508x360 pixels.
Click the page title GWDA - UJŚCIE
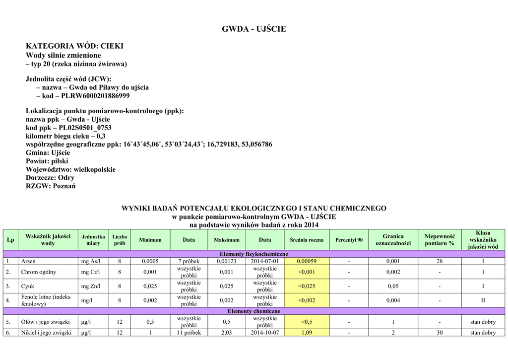[x=254, y=29]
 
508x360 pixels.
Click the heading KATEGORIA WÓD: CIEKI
[x=74, y=46]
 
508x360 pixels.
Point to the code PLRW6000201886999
[x=95, y=96]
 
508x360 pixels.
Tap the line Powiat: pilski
[x=47, y=161]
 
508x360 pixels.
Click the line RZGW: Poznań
[x=51, y=186]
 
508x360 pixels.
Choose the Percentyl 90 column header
[x=349, y=240]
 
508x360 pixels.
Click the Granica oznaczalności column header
[x=393, y=240]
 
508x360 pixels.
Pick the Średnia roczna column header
[x=307, y=240]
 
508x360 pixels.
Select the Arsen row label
[x=28, y=261]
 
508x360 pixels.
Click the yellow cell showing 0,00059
[x=307, y=261]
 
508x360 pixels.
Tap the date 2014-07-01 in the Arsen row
[x=265, y=261]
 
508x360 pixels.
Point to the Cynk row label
[x=28, y=286]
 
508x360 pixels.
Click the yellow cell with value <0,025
[x=307, y=286]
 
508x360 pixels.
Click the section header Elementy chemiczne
[x=254, y=311]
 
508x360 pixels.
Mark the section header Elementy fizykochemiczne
[x=254, y=254]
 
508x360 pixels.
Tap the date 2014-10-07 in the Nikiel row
[x=265, y=333]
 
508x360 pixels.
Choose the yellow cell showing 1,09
[x=307, y=333]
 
